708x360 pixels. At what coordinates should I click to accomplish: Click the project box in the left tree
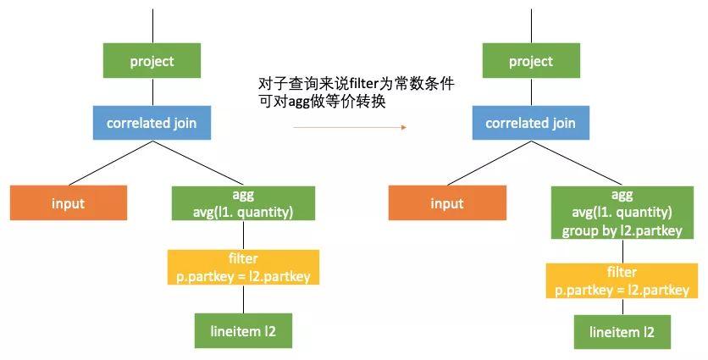(x=152, y=61)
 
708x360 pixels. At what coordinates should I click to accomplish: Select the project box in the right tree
(x=530, y=61)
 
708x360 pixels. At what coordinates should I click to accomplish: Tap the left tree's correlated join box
(x=152, y=123)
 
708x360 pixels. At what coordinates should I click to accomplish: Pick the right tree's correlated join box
(x=530, y=123)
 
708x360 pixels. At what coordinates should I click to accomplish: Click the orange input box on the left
(x=69, y=203)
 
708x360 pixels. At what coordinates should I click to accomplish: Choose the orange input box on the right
(x=447, y=203)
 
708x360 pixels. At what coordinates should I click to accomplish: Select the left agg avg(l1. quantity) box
(x=243, y=203)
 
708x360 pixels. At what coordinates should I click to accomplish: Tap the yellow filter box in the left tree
(x=243, y=267)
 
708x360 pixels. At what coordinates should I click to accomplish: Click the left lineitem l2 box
(x=243, y=330)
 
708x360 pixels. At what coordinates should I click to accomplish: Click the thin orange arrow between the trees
(x=349, y=127)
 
